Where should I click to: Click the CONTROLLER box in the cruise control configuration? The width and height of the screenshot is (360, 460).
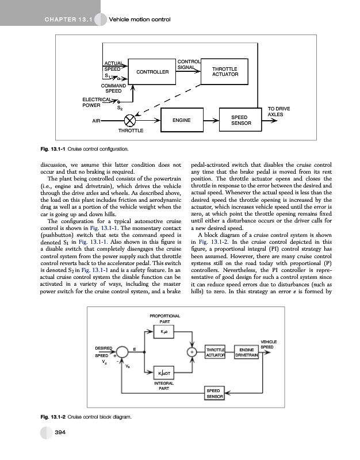coord(152,72)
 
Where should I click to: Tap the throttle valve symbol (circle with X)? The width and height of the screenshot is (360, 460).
coord(131,121)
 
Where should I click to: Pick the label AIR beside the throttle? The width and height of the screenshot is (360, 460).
coord(96,121)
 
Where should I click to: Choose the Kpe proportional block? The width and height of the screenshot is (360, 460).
coord(163,332)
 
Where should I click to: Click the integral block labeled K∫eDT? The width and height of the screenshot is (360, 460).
coord(163,375)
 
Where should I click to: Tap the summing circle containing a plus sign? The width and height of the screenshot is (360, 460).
coord(191,352)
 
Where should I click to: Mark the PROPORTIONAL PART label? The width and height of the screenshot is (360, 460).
coord(164,319)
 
